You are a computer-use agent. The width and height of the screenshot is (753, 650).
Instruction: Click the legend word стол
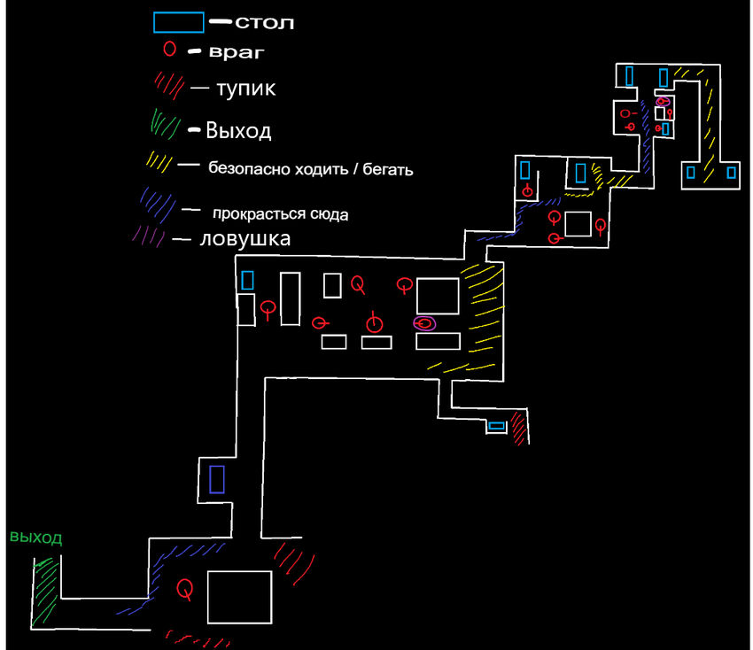pyautogui.click(x=264, y=22)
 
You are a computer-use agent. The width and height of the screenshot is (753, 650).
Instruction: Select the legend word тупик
pyautogui.click(x=245, y=89)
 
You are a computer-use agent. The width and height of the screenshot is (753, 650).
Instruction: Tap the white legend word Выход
pyautogui.click(x=238, y=132)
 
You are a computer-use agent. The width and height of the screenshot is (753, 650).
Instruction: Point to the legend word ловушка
pyautogui.click(x=245, y=239)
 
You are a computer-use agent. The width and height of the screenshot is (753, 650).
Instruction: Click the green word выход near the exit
pyautogui.click(x=35, y=538)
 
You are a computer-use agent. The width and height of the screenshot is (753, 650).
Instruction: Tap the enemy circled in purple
pyautogui.click(x=425, y=323)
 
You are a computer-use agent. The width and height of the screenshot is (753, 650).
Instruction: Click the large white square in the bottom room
pyautogui.click(x=239, y=597)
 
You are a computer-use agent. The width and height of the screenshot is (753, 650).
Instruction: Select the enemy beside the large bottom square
pyautogui.click(x=185, y=587)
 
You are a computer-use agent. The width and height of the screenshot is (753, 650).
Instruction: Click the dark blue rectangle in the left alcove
pyautogui.click(x=216, y=479)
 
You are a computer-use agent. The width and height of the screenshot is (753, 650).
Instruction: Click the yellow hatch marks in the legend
pyautogui.click(x=160, y=162)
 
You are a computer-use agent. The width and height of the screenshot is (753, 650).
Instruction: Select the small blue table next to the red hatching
pyautogui.click(x=497, y=426)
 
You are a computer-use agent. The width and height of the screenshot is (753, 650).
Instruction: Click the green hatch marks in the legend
pyautogui.click(x=165, y=122)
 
